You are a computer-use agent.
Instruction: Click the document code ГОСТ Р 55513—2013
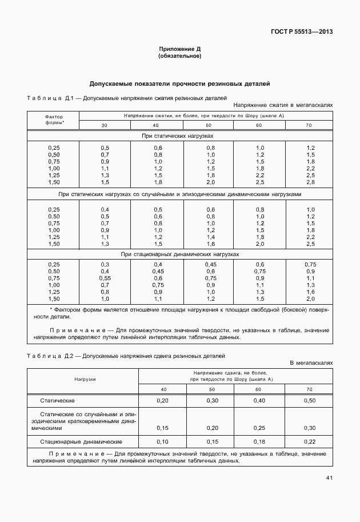click(x=302, y=31)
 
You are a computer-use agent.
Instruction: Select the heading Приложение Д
click(x=179, y=50)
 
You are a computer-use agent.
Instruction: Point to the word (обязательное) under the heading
click(x=179, y=57)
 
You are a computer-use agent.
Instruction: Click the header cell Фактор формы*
click(x=54, y=119)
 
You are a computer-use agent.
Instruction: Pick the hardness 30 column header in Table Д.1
click(x=105, y=125)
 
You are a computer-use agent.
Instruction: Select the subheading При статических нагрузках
click(x=179, y=137)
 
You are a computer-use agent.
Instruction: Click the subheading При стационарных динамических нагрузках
click(x=179, y=254)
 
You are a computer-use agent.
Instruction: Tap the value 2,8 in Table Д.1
click(x=310, y=182)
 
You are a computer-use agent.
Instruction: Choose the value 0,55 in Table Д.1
click(x=105, y=278)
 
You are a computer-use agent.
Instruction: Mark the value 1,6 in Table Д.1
click(x=210, y=244)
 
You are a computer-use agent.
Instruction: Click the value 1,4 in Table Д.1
click(x=210, y=237)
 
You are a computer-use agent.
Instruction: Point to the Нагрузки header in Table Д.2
click(x=84, y=378)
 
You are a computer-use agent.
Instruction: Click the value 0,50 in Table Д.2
click(x=309, y=401)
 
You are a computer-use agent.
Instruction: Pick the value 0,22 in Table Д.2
click(x=309, y=442)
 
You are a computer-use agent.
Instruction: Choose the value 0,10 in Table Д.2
click(x=163, y=442)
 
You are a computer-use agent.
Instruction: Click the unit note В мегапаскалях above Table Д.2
click(x=311, y=362)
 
